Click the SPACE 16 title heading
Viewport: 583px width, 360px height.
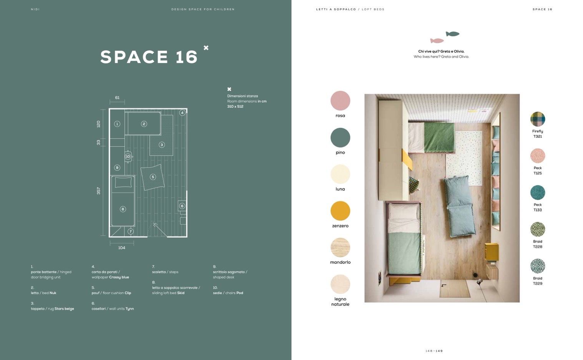tap(149, 57)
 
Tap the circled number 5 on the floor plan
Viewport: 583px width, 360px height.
tap(153, 177)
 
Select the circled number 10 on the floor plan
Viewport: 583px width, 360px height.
tap(128, 157)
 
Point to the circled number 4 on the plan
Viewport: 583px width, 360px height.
tap(182, 113)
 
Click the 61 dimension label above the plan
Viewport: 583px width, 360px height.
tap(117, 98)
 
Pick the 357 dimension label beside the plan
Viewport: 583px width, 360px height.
tap(98, 191)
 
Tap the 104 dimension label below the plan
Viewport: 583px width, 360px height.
tap(121, 248)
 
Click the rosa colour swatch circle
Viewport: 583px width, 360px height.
tap(340, 101)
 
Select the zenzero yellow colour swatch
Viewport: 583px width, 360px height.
tap(340, 211)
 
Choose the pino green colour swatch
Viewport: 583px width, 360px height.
tap(340, 138)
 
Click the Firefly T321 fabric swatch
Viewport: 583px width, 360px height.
tap(537, 119)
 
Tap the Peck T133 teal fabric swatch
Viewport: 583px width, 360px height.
tap(537, 193)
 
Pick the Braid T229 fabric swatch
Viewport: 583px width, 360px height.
tap(537, 266)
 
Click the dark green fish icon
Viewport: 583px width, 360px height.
tap(452, 33)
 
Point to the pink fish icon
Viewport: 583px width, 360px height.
tap(437, 41)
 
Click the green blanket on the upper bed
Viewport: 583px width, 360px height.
tap(439, 137)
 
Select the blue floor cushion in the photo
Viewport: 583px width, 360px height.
tap(459, 206)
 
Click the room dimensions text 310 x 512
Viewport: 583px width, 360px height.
tap(235, 107)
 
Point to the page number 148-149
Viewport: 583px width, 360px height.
tap(434, 351)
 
